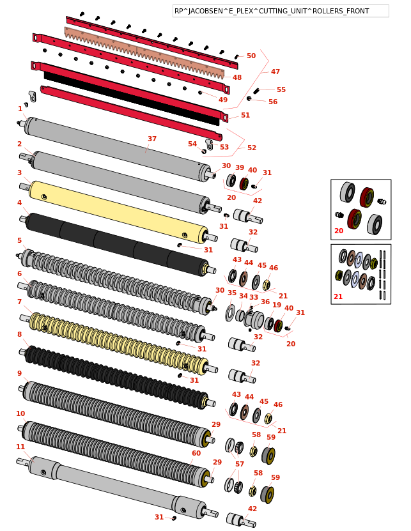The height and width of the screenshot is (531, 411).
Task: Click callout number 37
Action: click(x=152, y=139)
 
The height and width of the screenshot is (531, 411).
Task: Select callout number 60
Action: click(x=196, y=453)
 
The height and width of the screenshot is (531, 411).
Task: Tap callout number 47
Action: click(x=275, y=72)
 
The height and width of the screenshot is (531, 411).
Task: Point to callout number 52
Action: click(x=252, y=148)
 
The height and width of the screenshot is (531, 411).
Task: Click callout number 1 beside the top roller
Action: click(x=20, y=109)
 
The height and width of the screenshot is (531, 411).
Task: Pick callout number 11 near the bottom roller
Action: click(x=20, y=447)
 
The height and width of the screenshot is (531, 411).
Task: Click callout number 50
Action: click(x=251, y=56)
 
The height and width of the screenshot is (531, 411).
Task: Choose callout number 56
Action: click(x=273, y=102)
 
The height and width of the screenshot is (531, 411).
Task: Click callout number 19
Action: click(x=277, y=305)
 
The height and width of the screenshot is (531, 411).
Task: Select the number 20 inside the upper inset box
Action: click(x=339, y=231)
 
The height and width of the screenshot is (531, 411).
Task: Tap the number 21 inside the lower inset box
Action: click(x=339, y=296)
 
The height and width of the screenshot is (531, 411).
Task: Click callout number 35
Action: click(x=232, y=293)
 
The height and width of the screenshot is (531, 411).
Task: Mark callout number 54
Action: click(x=192, y=144)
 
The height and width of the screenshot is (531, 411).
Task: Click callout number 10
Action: click(x=20, y=413)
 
